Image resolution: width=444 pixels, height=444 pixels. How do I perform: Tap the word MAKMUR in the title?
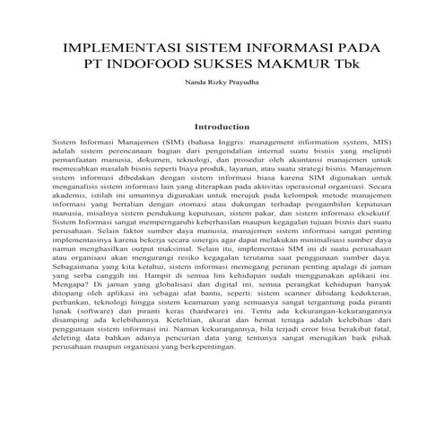(x=295, y=65)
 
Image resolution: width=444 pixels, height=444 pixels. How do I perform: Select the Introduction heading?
(x=222, y=127)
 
